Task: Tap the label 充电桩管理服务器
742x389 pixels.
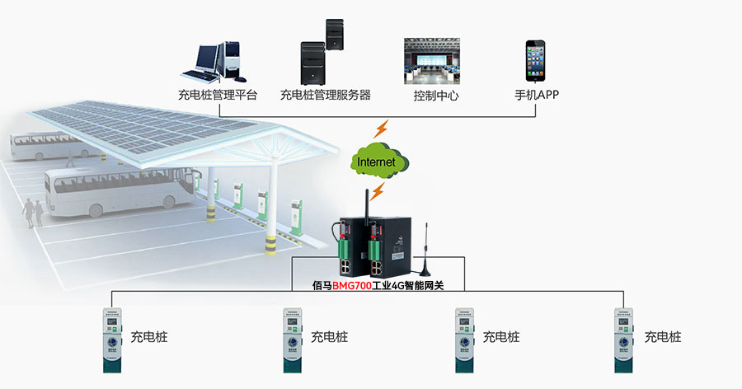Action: pos(326,95)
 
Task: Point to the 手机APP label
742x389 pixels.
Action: pos(537,95)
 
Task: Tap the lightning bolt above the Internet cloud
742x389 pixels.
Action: pos(382,129)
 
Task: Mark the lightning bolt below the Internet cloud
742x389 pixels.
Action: pos(377,192)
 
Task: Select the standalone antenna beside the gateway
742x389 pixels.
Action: pos(425,251)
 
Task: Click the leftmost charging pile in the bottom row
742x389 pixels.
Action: pos(111,339)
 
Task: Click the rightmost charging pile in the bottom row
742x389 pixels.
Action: pos(625,339)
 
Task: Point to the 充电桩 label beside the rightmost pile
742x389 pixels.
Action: pos(663,337)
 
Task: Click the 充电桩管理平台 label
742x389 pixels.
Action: pos(217,95)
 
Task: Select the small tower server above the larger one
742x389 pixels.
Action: pos(334,35)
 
